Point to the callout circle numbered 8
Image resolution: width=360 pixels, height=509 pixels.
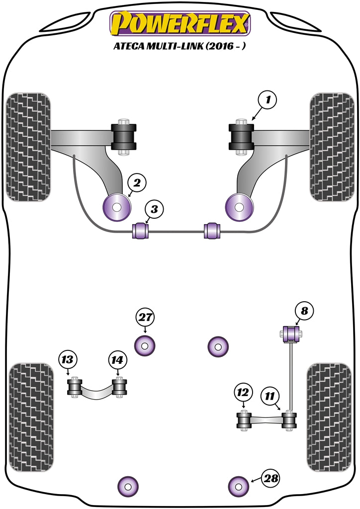tap(304, 312)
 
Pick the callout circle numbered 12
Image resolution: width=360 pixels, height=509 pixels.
tap(242, 393)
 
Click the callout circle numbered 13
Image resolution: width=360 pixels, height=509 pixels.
tap(68, 358)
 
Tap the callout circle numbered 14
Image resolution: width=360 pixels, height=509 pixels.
tap(117, 358)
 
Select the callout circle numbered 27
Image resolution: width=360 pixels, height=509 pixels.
tap(145, 317)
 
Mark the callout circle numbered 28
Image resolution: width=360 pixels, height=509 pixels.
tap(271, 478)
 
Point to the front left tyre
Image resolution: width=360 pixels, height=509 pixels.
tap(29, 147)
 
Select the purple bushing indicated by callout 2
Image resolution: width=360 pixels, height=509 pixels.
tap(116, 207)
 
